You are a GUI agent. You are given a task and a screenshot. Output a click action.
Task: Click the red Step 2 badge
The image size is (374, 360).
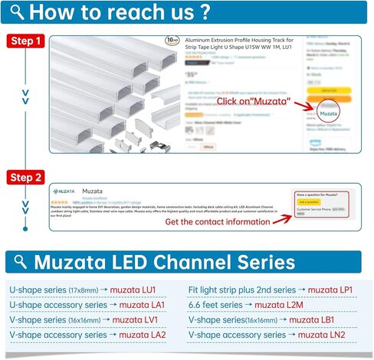pos(25,178)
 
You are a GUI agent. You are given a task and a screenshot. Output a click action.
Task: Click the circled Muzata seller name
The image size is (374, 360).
pos(328,113)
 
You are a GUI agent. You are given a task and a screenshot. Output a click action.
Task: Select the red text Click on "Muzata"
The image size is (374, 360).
pos(253,101)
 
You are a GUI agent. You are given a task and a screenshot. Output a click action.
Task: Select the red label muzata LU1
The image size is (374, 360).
pos(133,290)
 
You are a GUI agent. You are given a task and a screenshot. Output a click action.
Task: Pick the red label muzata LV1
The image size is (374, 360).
pos(135,319)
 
